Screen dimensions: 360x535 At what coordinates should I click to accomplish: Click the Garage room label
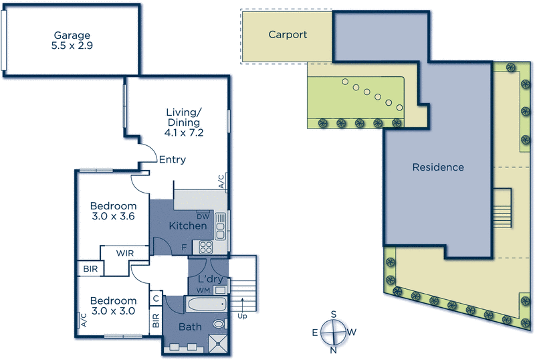point(72,37)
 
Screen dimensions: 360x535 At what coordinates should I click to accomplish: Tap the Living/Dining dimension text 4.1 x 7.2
point(183,132)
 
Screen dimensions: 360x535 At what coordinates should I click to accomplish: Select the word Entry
point(172,160)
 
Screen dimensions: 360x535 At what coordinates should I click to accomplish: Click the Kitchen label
point(188,226)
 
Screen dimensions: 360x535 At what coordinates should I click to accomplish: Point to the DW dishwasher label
point(203,215)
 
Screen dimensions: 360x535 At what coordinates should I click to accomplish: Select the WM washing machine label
point(204,290)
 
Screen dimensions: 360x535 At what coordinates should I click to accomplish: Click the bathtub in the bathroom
point(207,306)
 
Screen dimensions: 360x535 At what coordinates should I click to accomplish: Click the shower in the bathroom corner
point(218,344)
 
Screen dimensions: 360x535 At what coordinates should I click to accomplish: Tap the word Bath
point(189,327)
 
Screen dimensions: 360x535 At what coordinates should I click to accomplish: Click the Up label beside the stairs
point(241,317)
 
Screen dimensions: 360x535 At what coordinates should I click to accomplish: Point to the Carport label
point(288,34)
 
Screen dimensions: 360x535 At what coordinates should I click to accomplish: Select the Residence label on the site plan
point(437,167)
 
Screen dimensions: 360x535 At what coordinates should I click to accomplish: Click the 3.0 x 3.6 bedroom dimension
point(113,216)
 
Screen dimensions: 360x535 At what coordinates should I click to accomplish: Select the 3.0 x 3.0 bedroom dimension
point(113,311)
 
